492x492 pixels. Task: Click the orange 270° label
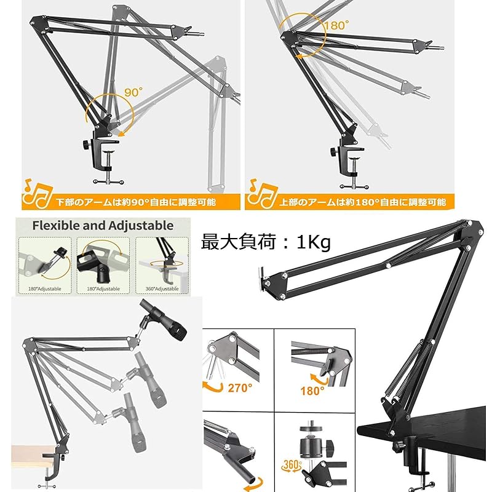(x=240, y=387)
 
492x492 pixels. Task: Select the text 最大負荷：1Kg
(x=266, y=242)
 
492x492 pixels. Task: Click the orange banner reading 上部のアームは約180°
(x=362, y=201)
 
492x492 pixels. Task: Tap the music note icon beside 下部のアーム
(x=36, y=194)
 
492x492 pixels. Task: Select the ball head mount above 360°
(x=314, y=442)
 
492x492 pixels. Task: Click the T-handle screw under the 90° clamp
(x=109, y=178)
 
